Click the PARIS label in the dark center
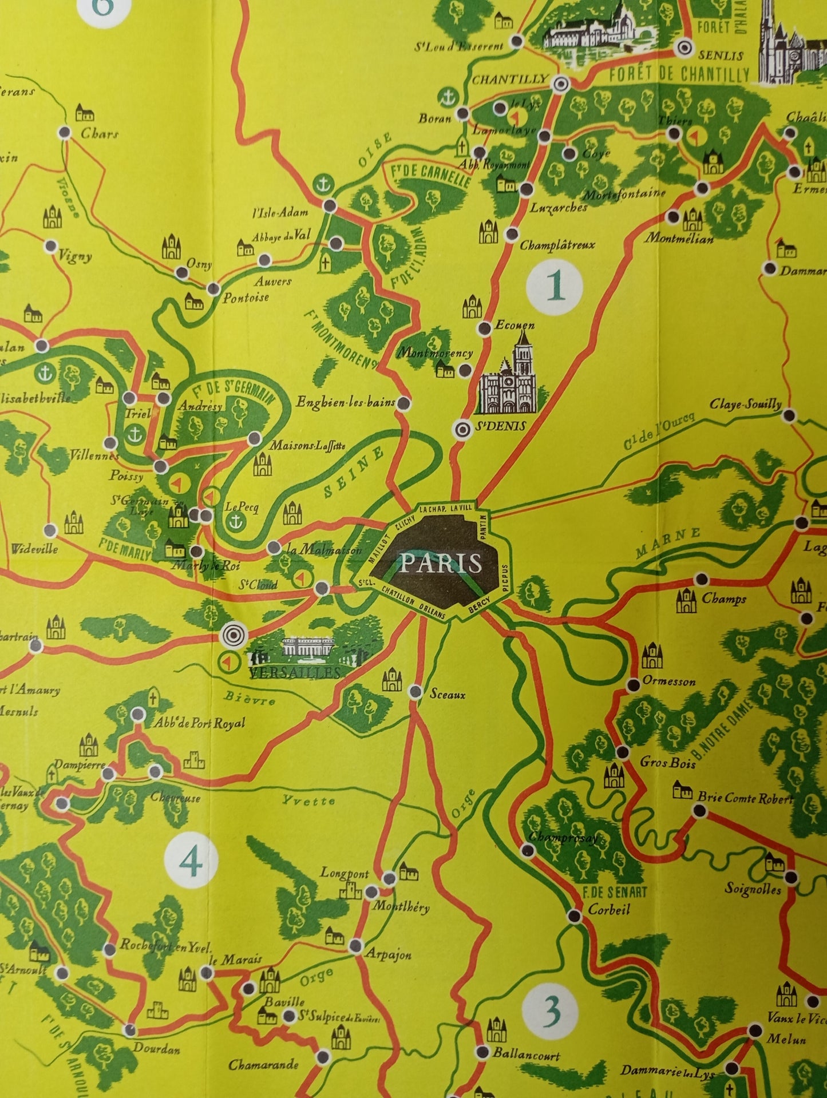(440, 564)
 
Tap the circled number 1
(555, 287)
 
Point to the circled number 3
(550, 1013)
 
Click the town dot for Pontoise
(213, 288)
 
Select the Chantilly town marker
(561, 84)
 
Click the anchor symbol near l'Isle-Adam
(324, 184)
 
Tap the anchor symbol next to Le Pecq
(235, 521)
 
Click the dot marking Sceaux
(416, 692)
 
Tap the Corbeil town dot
(575, 916)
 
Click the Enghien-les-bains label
(345, 402)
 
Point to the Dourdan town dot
(130, 1030)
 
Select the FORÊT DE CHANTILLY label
(679, 74)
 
